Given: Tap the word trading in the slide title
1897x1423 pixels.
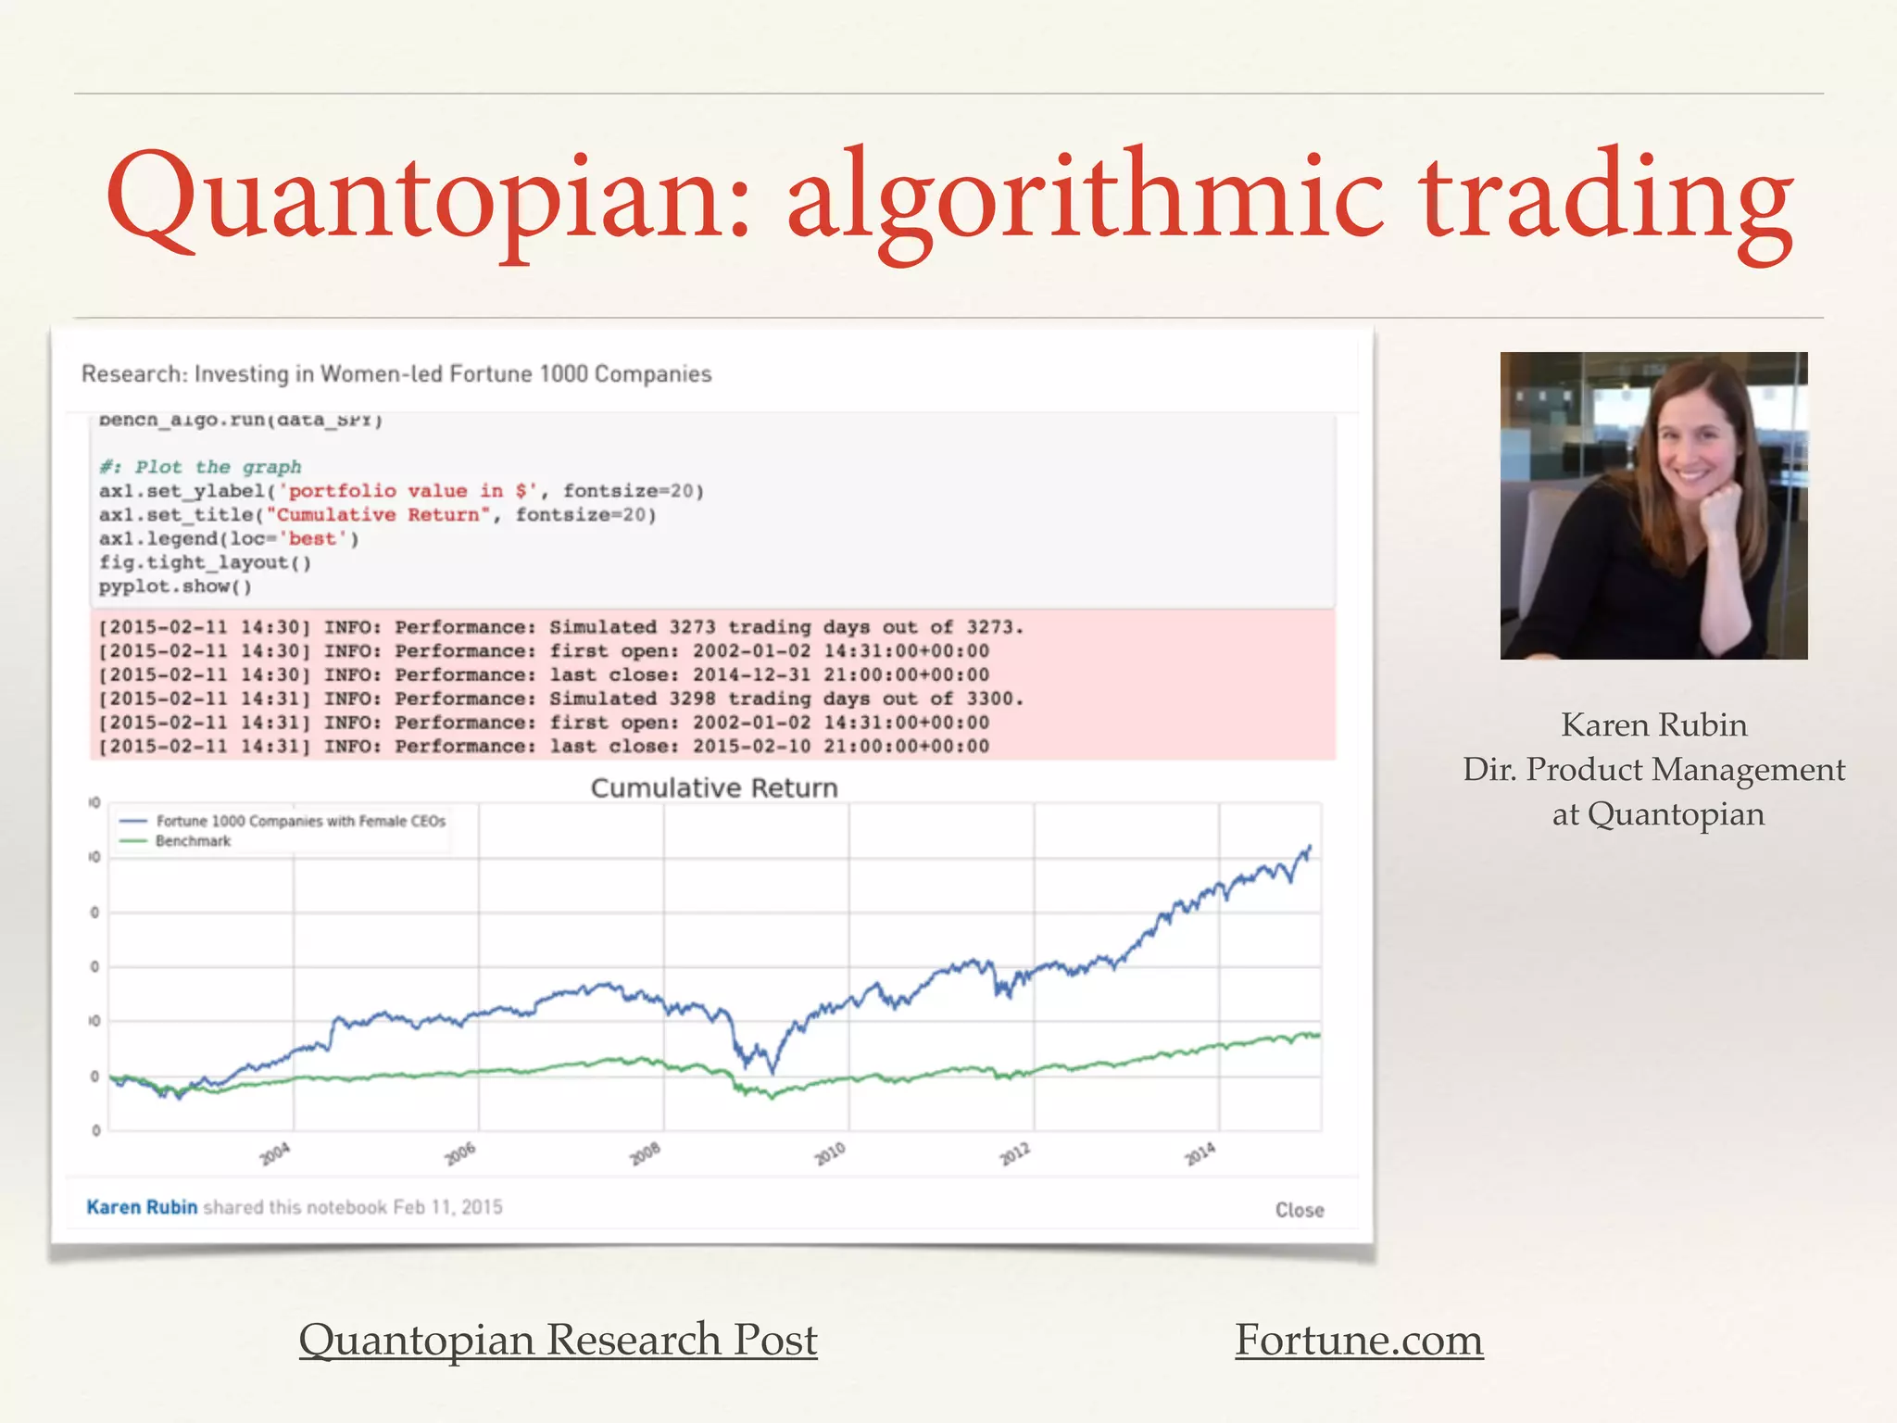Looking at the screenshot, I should tap(1607, 199).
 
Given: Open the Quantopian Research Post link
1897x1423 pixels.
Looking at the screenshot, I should tap(558, 1340).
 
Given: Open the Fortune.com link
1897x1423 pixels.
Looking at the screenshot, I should tap(1359, 1340).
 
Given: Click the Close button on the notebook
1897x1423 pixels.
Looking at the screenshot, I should tap(1299, 1210).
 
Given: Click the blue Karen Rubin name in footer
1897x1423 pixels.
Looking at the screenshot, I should tap(142, 1207).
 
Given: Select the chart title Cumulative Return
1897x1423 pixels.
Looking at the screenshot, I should tap(713, 788).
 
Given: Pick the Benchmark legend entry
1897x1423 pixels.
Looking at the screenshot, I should tap(193, 841).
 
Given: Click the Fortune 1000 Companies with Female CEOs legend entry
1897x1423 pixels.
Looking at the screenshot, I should tap(300, 822).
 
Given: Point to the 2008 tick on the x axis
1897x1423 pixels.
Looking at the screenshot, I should tap(646, 1153).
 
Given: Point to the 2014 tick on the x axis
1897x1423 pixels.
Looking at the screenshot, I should tap(1200, 1153).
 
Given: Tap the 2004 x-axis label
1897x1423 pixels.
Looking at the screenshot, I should tap(275, 1153).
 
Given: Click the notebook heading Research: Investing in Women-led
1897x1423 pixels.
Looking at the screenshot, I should tap(396, 374).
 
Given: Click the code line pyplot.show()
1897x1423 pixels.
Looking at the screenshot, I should tap(175, 586).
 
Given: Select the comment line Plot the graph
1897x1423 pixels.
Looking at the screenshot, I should tap(201, 467).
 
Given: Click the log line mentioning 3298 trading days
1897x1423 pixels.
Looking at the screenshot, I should tap(560, 699).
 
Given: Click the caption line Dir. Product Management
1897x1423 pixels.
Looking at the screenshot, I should tap(1653, 770).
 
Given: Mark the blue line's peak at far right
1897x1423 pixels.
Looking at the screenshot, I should tap(1309, 846).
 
